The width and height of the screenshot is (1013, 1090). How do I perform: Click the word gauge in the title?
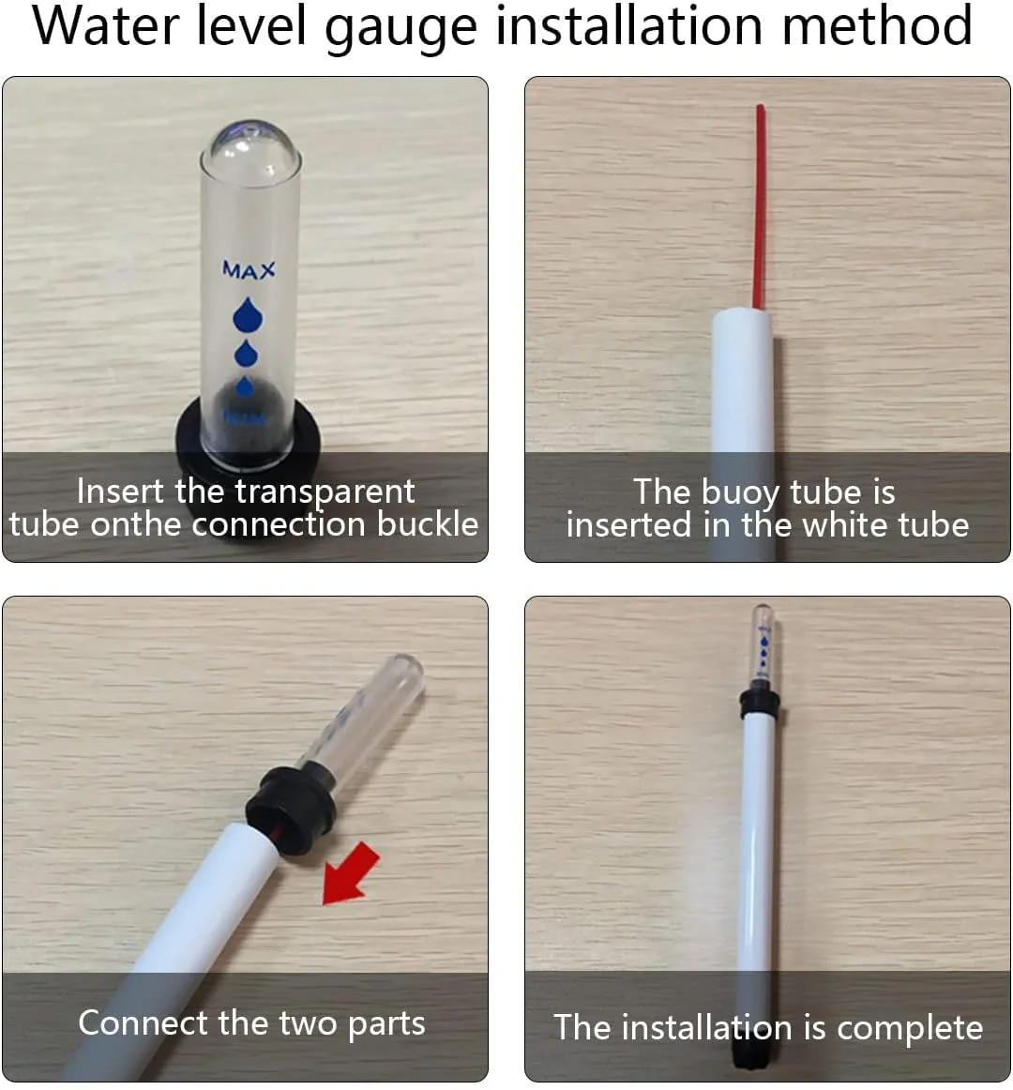[401, 29]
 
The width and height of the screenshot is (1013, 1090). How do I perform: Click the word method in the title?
[877, 25]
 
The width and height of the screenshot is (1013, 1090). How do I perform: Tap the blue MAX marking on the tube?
[249, 270]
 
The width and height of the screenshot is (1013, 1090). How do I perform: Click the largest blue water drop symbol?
[248, 314]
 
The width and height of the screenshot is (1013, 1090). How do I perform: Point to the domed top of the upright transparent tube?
[250, 147]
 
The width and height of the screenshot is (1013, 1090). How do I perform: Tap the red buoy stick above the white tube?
[759, 205]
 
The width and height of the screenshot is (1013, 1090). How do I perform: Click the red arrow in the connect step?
[351, 873]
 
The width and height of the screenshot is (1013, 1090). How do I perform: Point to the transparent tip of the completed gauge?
[764, 643]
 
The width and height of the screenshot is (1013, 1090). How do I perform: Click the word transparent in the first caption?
[325, 492]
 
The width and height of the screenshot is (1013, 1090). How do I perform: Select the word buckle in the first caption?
[428, 524]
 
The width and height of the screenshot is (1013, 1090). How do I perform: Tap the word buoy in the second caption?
[740, 492]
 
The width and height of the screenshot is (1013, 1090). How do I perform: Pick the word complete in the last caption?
[910, 1028]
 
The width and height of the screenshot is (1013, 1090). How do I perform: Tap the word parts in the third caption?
[386, 1025]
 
